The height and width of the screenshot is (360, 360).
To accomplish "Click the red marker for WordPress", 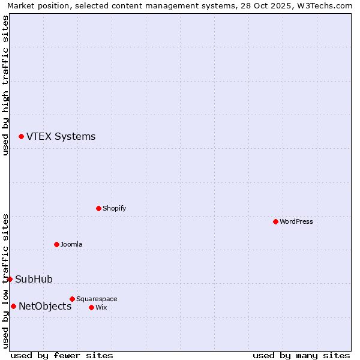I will pyautogui.click(x=275, y=221).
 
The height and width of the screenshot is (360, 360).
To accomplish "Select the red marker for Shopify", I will pyautogui.click(x=98, y=208).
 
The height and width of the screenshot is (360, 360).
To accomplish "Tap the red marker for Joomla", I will pyautogui.click(x=56, y=244).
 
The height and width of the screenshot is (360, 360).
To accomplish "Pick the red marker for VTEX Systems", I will pyautogui.click(x=21, y=136).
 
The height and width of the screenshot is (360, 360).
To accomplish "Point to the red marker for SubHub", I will pyautogui.click(x=10, y=279).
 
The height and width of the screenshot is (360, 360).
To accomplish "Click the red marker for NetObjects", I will pyautogui.click(x=13, y=306).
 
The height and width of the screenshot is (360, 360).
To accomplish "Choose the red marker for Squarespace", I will pyautogui.click(x=72, y=299).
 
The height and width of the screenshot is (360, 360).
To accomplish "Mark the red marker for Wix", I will pyautogui.click(x=91, y=307).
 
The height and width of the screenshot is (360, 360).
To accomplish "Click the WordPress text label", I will pyautogui.click(x=296, y=221).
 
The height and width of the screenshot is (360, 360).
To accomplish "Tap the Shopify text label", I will pyautogui.click(x=114, y=208).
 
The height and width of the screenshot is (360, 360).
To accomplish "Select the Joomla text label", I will pyautogui.click(x=71, y=244).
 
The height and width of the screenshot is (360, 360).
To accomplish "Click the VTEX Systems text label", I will pyautogui.click(x=61, y=136).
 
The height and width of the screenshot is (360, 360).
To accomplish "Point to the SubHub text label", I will pyautogui.click(x=34, y=279).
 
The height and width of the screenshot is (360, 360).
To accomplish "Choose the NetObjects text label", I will pyautogui.click(x=45, y=306).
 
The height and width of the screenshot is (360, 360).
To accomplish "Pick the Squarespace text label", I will pyautogui.click(x=97, y=299).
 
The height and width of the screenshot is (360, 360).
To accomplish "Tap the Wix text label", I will pyautogui.click(x=101, y=307).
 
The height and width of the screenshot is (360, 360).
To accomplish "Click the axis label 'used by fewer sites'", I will pyautogui.click(x=62, y=355).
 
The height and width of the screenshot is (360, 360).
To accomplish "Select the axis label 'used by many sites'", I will pyautogui.click(x=301, y=355).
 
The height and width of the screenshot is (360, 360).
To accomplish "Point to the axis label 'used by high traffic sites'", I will pyautogui.click(x=6, y=85).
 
